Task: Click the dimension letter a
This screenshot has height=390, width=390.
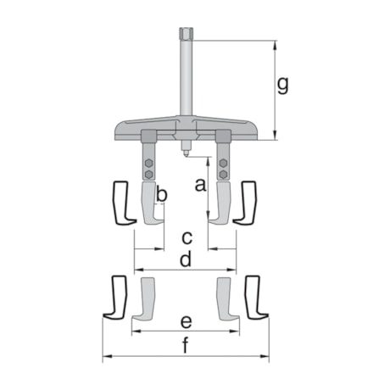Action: (200, 185)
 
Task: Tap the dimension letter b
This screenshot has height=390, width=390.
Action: (162, 195)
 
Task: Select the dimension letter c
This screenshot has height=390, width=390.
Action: (187, 235)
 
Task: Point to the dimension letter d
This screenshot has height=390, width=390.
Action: (187, 260)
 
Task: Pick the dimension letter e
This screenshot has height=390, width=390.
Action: (187, 322)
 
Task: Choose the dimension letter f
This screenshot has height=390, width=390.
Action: (187, 345)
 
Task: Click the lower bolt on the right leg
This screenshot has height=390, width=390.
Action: (223, 173)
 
